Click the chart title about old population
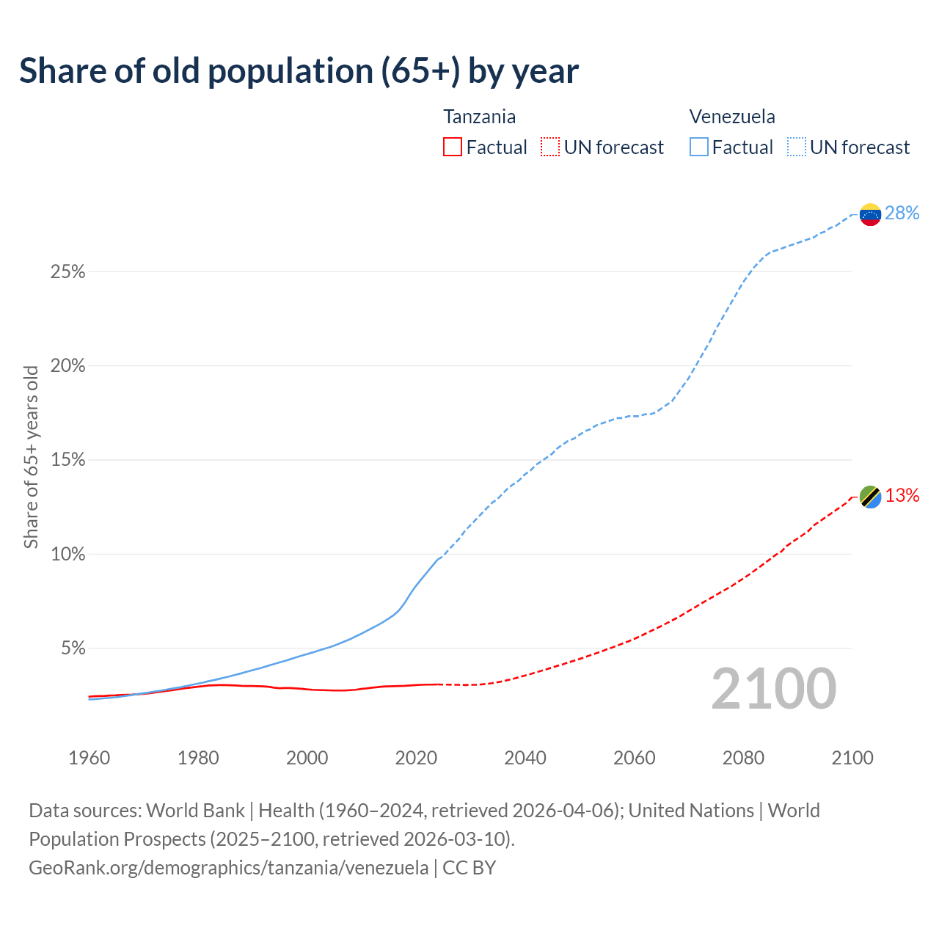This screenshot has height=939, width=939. tap(299, 71)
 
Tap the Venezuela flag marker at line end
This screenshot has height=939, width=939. tap(870, 214)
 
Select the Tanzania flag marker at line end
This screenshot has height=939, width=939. tap(870, 497)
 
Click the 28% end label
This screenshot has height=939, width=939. tap(902, 213)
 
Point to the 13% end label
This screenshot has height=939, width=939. tap(902, 496)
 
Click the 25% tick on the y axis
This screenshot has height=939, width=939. tap(67, 272)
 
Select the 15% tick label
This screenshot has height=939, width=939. tap(67, 460)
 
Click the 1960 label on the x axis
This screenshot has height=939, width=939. tap(89, 758)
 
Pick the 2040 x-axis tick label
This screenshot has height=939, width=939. tap(525, 758)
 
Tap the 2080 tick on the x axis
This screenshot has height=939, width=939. tap(743, 758)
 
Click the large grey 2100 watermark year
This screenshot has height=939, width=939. tap(773, 688)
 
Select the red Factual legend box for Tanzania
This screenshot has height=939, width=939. tap(453, 147)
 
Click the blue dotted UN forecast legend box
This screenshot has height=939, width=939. tap(797, 147)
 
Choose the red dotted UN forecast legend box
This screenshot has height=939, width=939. tap(550, 147)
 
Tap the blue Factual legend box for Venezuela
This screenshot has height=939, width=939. tap(699, 147)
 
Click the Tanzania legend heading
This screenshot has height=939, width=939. tap(480, 117)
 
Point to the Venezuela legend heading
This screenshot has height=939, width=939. tap(732, 117)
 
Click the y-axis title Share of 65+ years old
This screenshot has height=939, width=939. tap(31, 456)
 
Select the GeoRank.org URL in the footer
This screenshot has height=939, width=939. tap(228, 868)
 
